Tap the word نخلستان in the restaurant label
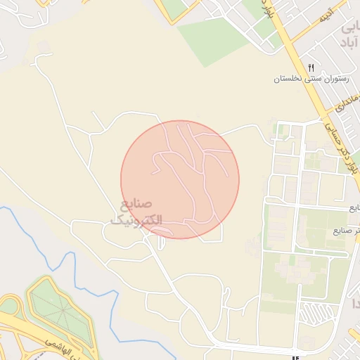tap(288, 79)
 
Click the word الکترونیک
tap(136, 219)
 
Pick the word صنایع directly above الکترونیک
tap(136, 205)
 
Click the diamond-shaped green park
tap(60, 310)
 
